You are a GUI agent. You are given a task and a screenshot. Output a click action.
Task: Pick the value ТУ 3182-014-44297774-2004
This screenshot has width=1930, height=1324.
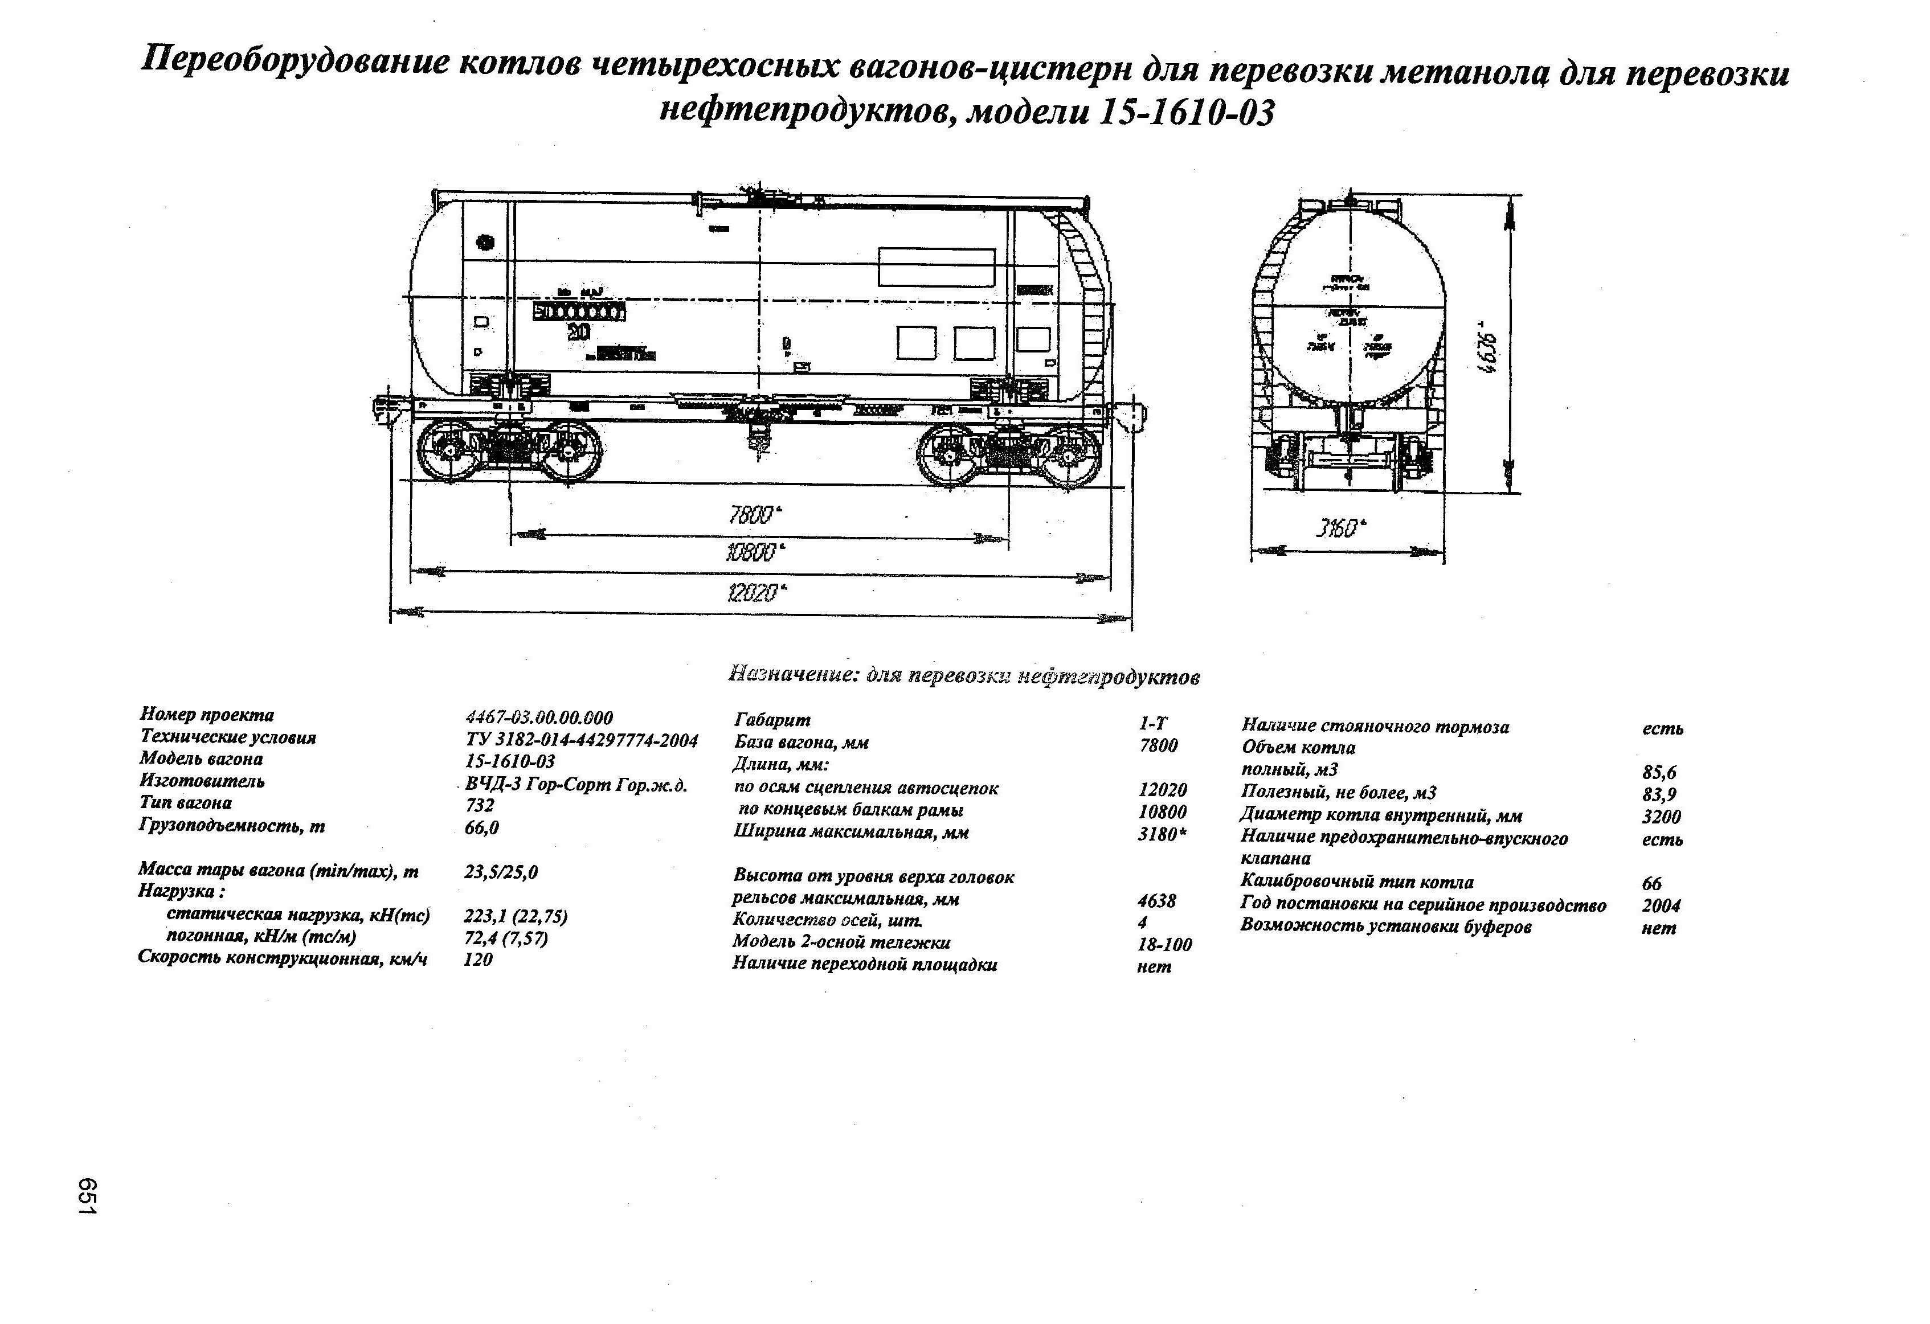click(x=581, y=740)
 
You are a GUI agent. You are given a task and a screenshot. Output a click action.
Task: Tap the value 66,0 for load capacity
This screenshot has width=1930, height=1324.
click(x=482, y=827)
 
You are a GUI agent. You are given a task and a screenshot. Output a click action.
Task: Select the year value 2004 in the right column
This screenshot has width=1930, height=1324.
click(x=1661, y=905)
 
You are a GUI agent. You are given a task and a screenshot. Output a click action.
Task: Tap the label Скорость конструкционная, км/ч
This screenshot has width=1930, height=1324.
click(x=283, y=959)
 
